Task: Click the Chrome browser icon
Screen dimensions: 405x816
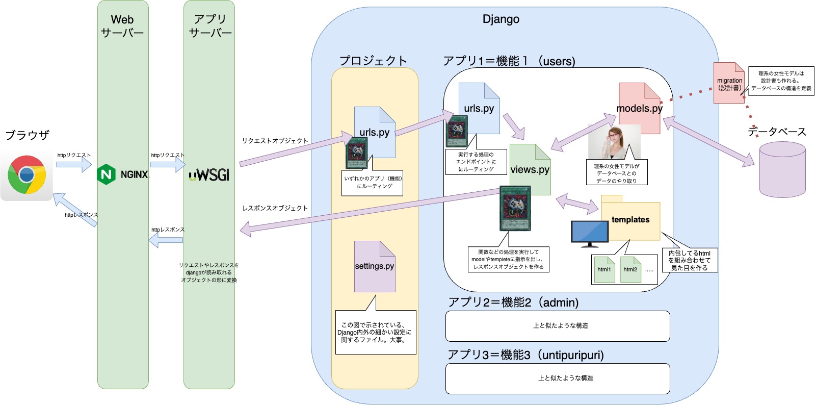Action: (27, 175)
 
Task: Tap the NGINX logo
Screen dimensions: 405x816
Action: (122, 174)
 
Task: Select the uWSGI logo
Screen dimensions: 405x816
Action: (209, 175)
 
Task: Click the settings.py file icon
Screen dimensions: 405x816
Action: (375, 267)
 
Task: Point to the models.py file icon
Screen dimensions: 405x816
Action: (640, 108)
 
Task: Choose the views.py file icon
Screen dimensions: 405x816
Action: (530, 170)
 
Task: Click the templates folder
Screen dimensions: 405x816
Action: (630, 220)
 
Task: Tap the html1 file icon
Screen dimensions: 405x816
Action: (604, 270)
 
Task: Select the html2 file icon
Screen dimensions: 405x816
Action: (630, 270)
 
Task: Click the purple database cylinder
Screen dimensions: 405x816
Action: (782, 170)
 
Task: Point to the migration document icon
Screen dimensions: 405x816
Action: (729, 83)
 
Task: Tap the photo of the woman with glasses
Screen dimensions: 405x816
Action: (614, 141)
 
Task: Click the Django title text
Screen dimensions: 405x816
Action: (501, 19)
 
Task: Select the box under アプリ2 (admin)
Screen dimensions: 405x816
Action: (558, 326)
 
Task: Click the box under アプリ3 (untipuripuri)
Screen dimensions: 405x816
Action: (558, 378)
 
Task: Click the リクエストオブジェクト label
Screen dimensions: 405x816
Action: (275, 141)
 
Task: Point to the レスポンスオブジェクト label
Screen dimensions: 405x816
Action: (275, 208)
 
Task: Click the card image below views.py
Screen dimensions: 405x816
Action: (515, 208)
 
